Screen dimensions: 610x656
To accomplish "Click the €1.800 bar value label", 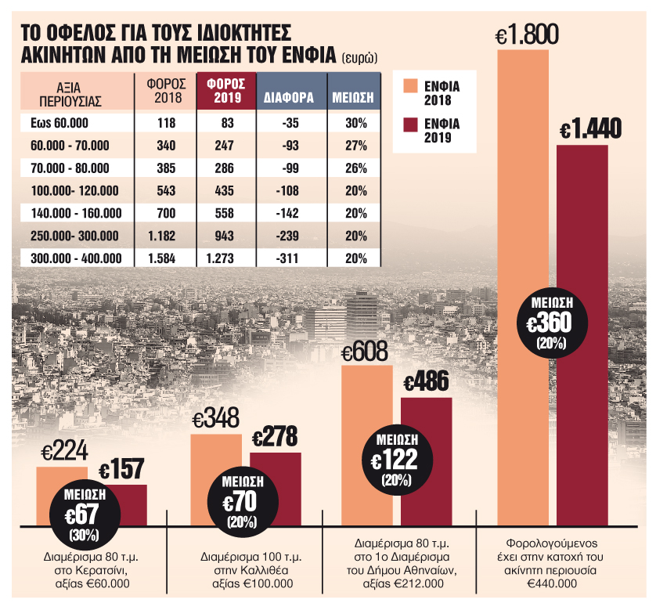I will click(x=527, y=34).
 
